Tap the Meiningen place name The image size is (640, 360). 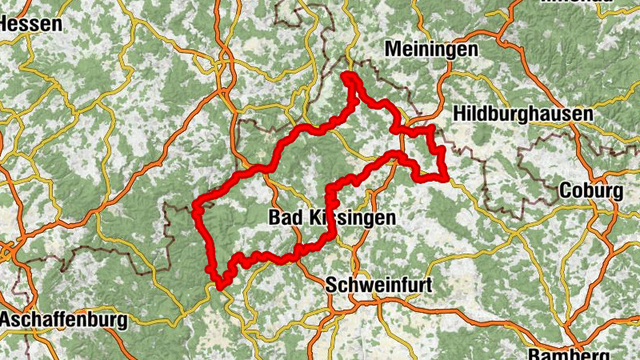coord(431,49)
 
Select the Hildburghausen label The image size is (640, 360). coord(523,114)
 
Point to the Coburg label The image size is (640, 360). coord(590,192)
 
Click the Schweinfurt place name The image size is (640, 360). coord(379,284)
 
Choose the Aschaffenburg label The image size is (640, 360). coord(64,321)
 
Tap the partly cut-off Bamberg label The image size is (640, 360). coord(569,354)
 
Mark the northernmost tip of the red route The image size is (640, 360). coord(349,75)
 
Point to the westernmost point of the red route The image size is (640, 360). coord(195,210)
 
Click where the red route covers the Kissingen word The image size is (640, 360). coord(330,216)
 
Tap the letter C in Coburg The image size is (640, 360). coord(564,192)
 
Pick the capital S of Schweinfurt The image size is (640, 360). coord(331,284)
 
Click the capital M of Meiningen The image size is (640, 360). coord(391,49)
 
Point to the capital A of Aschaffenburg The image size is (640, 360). coord(6,321)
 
